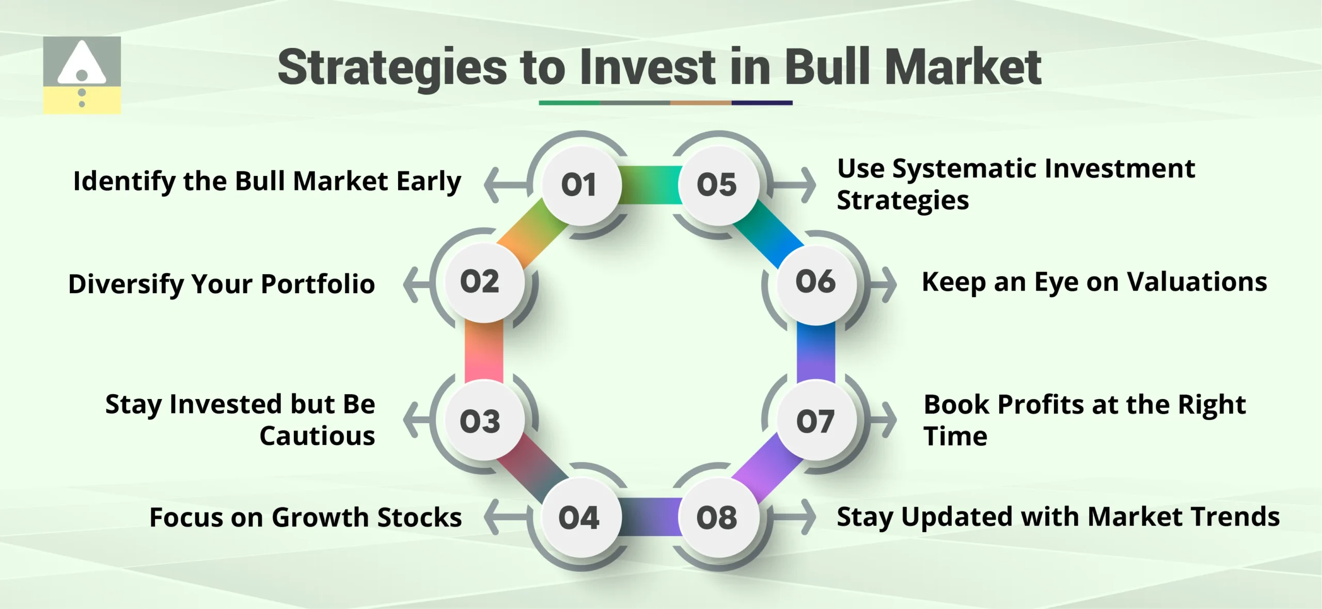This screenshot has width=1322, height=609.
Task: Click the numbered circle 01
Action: click(580, 185)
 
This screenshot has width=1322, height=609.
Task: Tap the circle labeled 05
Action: click(718, 185)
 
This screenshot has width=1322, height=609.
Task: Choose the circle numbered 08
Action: click(718, 517)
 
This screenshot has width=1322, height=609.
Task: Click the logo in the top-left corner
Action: click(82, 75)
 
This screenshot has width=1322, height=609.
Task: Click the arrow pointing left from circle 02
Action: click(416, 284)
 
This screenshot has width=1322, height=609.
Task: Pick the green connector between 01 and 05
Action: click(650, 185)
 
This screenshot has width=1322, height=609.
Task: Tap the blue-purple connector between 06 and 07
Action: click(815, 353)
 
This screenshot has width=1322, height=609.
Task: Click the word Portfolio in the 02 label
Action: click(318, 284)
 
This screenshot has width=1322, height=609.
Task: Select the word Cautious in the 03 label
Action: click(317, 436)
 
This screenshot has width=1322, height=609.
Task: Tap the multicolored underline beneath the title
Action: click(665, 103)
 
